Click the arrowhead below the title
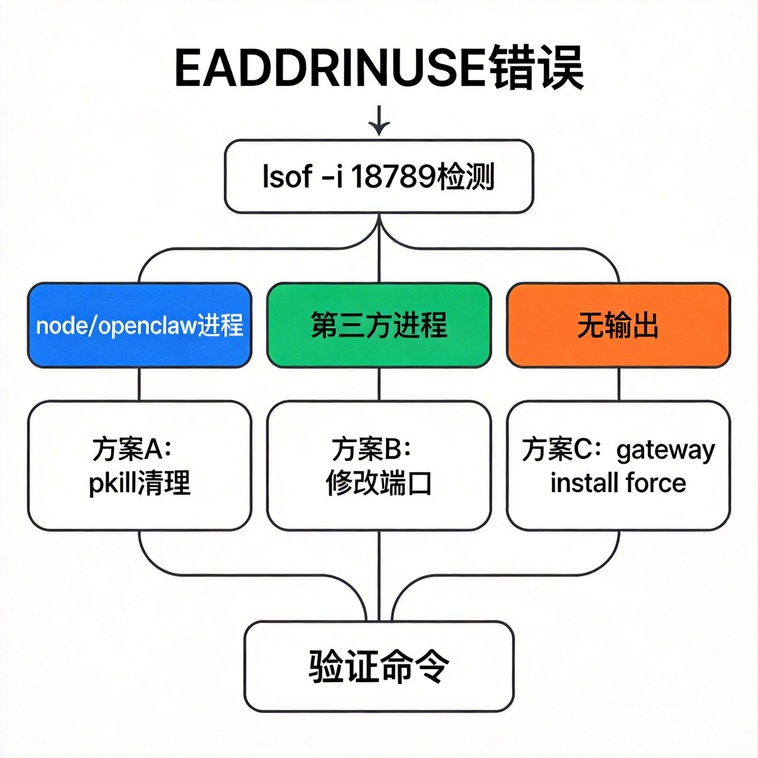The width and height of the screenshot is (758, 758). tap(379, 128)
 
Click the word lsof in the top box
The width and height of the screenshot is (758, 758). tap(288, 177)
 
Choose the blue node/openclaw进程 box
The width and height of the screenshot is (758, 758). tap(139, 325)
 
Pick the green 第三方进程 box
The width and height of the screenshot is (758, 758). tap(379, 325)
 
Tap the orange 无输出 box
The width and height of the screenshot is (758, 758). tap(618, 325)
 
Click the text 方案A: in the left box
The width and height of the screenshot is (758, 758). tap(132, 449)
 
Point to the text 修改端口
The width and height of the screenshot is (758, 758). tap(379, 483)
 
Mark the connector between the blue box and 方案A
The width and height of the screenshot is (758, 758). tap(139, 385)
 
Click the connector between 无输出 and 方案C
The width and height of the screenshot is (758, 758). tap(619, 385)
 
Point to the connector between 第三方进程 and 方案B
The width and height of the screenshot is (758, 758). tap(379, 385)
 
